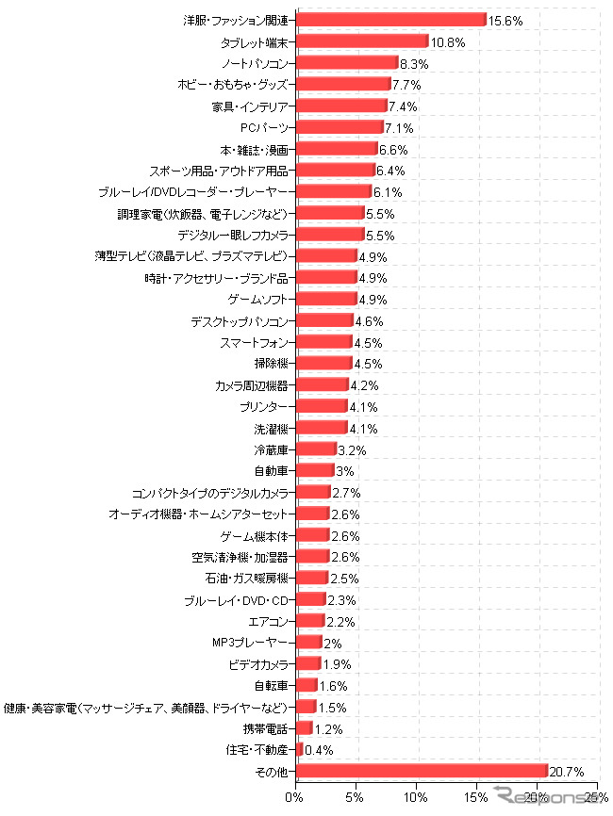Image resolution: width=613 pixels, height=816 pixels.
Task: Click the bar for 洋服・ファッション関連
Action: tap(391, 20)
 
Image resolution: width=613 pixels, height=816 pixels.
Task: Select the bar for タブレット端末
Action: tap(362, 41)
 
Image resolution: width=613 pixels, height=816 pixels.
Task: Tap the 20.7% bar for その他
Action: tap(422, 771)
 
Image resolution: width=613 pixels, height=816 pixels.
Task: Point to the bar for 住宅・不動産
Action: tap(300, 749)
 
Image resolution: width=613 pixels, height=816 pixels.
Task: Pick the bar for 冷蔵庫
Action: tap(316, 449)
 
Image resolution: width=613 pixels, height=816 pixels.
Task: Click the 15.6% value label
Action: tap(505, 20)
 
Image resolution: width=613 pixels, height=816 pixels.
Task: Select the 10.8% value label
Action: tap(448, 41)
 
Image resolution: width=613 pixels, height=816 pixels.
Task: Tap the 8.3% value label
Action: tap(415, 63)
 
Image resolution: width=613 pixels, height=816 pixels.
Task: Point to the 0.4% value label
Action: tap(320, 750)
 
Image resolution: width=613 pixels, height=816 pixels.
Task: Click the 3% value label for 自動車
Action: tap(345, 471)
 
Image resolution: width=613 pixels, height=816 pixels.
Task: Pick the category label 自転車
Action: tap(272, 685)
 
